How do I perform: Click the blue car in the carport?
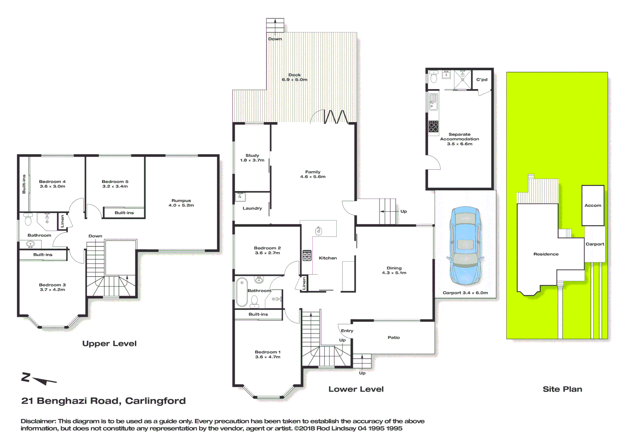[465, 246]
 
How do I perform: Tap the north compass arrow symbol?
[39, 379]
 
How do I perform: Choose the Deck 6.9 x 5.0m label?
[294, 77]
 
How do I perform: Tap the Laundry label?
[252, 208]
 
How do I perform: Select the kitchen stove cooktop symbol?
[307, 255]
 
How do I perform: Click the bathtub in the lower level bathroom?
[242, 292]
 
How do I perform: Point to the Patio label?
[394, 338]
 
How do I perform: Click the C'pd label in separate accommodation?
[482, 80]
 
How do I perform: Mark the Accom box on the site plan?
[593, 205]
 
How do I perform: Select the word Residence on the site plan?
[546, 254]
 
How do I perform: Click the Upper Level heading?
[109, 344]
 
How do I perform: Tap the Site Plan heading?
[562, 389]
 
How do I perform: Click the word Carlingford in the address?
[155, 401]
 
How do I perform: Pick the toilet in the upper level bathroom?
[28, 220]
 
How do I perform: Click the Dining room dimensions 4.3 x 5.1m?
[394, 273]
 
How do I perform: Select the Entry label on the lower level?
[347, 331]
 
